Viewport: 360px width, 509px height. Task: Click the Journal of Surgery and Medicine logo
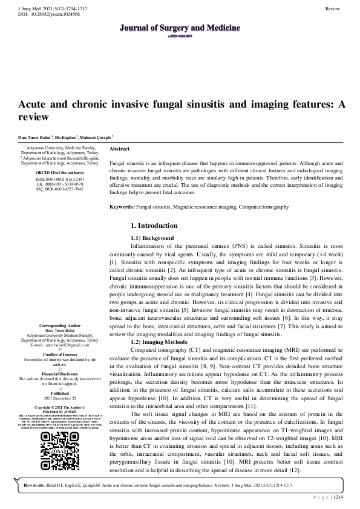[180, 29]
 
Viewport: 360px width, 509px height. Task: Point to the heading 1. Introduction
[154, 225]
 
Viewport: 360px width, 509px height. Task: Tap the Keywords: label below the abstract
[122, 207]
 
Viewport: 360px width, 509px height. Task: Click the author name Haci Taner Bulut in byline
[30, 137]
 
